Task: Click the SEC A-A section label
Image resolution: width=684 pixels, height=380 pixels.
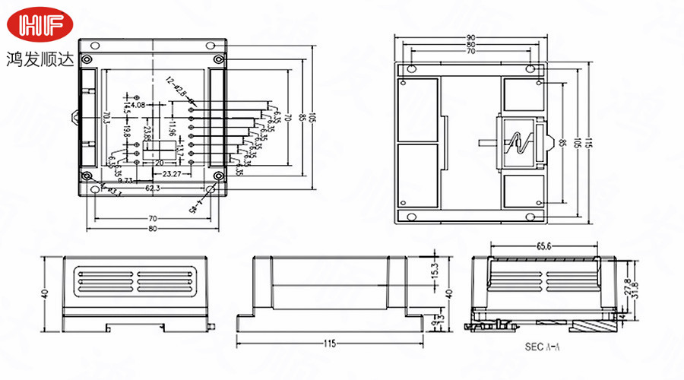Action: (x=542, y=346)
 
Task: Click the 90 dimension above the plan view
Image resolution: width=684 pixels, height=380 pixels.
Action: (x=471, y=38)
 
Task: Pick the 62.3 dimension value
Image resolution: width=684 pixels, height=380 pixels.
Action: (x=153, y=187)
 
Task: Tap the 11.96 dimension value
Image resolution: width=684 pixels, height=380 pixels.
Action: (x=173, y=129)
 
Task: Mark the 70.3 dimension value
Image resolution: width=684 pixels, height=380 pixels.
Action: (x=105, y=119)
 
